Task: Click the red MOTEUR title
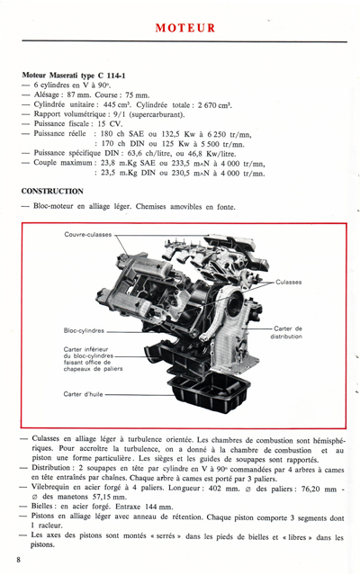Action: click(184, 28)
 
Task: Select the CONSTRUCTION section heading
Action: click(53, 191)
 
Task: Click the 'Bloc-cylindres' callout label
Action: click(86, 329)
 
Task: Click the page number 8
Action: click(18, 560)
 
